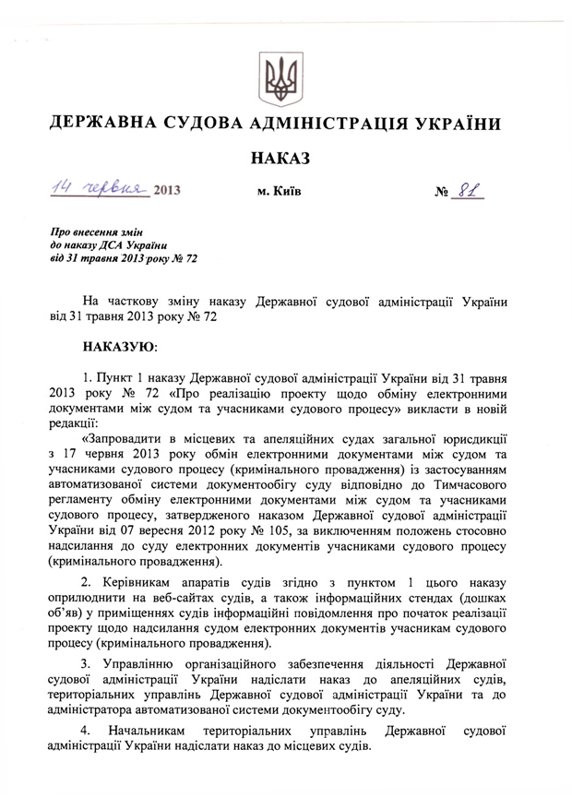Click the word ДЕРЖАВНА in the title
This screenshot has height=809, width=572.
click(101, 124)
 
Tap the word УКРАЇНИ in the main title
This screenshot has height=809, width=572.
click(455, 124)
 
